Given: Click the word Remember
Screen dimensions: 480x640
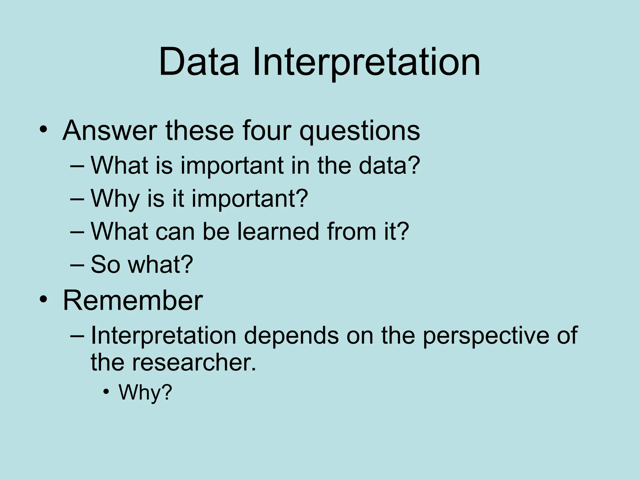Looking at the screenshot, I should point(133,300).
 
